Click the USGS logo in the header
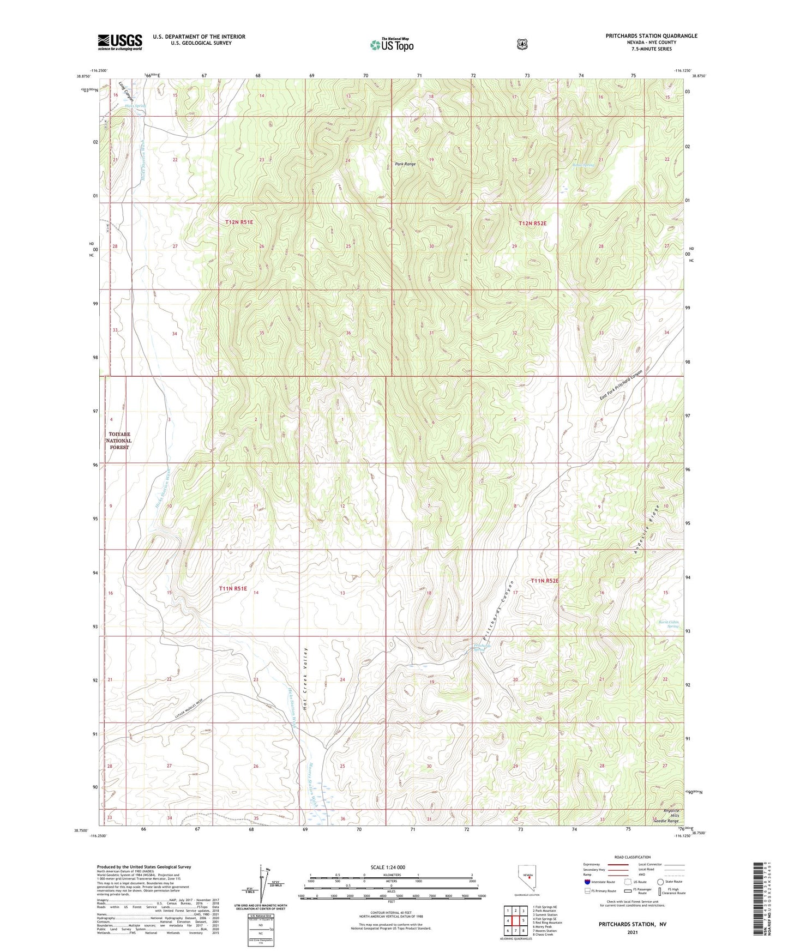pos(120,42)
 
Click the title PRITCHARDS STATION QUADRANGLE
pos(651,36)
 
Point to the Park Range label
pos(405,164)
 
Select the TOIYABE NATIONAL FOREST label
pos(118,441)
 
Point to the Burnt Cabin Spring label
pos(669,624)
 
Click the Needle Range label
pos(666,821)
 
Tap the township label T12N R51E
pos(239,222)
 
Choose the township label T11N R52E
pos(544,581)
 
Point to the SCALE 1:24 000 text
pos(388,867)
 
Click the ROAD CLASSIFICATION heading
pos(632,857)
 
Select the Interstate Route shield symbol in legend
pos(587,881)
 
